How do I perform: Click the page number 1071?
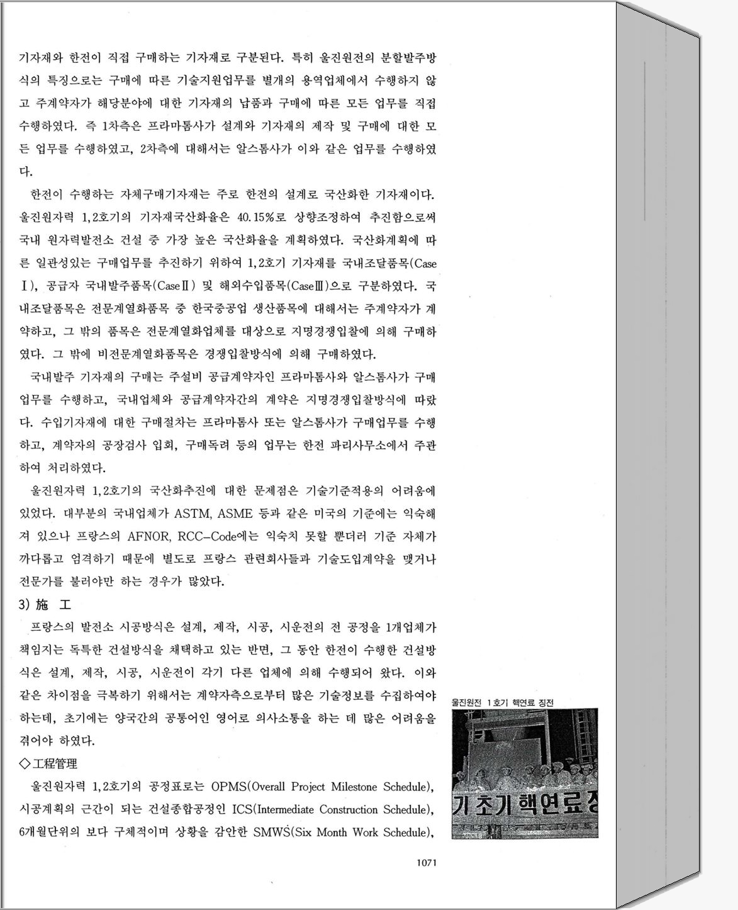tap(427, 863)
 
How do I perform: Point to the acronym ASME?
tap(234, 514)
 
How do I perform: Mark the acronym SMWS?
tap(270, 832)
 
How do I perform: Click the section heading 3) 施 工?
tap(45, 605)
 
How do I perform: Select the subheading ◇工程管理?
tap(48, 764)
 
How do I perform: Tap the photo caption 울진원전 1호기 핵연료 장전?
tap(503, 702)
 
